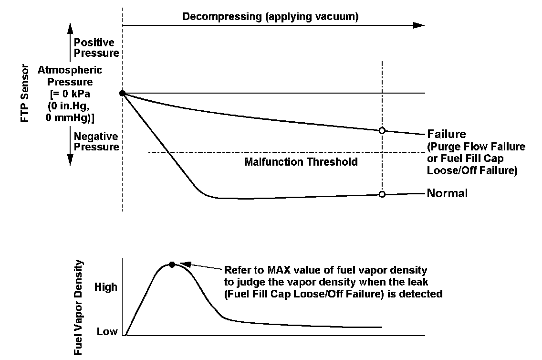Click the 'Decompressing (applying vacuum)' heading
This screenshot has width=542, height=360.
click(x=271, y=17)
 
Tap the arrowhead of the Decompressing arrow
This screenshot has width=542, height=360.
click(x=419, y=25)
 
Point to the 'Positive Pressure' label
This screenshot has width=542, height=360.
click(x=96, y=48)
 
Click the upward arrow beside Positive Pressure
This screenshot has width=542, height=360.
click(x=70, y=43)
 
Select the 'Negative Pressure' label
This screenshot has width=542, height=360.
click(x=96, y=142)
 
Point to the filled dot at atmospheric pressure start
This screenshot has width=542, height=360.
click(x=123, y=93)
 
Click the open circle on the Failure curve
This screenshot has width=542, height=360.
click(x=382, y=130)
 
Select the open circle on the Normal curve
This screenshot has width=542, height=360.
click(x=382, y=194)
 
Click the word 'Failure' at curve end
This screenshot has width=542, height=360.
click(x=447, y=134)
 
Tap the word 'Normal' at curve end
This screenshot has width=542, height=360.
click(x=447, y=193)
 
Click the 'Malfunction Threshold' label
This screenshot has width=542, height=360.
click(x=301, y=162)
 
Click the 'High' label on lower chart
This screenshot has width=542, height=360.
click(x=105, y=287)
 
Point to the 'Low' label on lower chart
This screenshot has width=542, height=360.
click(x=107, y=331)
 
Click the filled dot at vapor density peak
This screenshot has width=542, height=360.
click(x=172, y=264)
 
